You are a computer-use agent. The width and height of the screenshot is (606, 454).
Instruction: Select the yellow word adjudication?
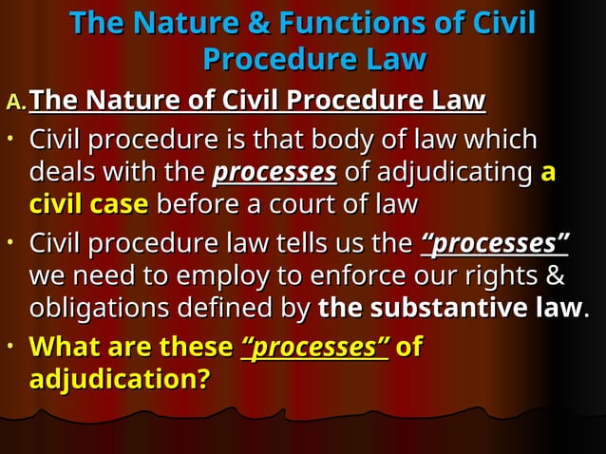tap(120, 380)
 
